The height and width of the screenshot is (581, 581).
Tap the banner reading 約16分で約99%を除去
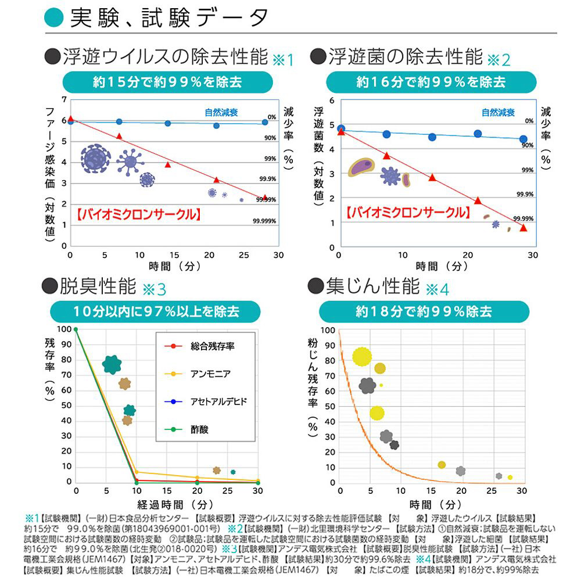pyautogui.click(x=431, y=82)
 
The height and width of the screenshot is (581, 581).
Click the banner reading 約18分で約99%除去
pyautogui.click(x=430, y=312)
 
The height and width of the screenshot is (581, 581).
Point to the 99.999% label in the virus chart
pyautogui.click(x=264, y=221)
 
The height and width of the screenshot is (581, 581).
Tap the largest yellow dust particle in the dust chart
pyautogui.click(x=362, y=356)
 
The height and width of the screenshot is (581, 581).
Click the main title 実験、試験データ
pyautogui.click(x=168, y=17)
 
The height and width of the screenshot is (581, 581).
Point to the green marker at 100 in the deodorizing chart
pyautogui.click(x=76, y=329)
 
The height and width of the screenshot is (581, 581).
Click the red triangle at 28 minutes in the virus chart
pyautogui.click(x=265, y=198)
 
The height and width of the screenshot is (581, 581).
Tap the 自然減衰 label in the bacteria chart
pyautogui.click(x=497, y=113)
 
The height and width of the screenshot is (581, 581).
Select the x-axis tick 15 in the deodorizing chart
pyautogui.click(x=167, y=492)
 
